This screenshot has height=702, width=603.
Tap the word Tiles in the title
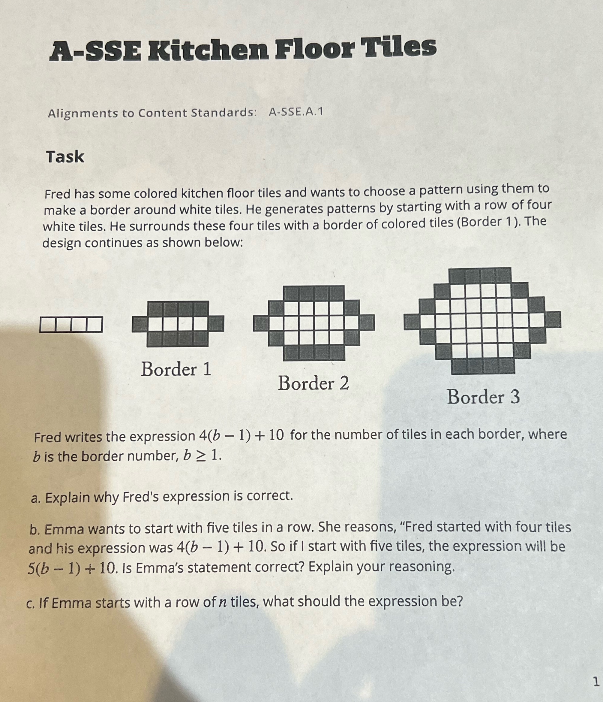pos(399,47)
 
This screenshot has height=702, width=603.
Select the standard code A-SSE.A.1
pos(296,111)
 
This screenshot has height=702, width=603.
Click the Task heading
pos(65,157)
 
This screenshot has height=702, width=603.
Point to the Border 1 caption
pos(176,369)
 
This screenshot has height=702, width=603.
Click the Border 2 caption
pos(313,383)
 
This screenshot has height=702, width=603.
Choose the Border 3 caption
pos(483,397)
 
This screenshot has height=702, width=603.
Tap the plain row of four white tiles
pos(71,324)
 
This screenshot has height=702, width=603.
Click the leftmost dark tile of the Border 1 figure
pos(139,324)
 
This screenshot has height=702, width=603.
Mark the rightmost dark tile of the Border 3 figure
pos(553,319)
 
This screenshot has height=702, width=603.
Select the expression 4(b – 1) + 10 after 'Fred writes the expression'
pos(241,436)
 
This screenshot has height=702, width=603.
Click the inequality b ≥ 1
pos(202,456)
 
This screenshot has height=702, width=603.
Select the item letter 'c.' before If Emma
pos(31,604)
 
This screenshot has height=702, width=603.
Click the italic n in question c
pos(222,602)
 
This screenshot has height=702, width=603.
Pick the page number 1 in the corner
pos(596,681)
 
